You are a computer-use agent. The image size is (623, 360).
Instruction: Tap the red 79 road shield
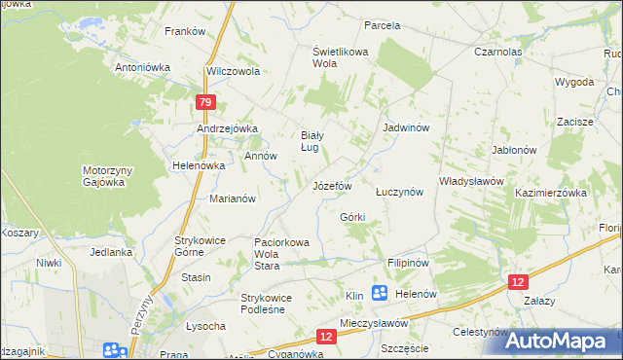pyautogui.click(x=203, y=101)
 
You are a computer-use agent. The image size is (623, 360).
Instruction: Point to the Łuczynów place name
pyautogui.click(x=399, y=192)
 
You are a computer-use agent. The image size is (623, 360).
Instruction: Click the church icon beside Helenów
pyautogui.click(x=379, y=293)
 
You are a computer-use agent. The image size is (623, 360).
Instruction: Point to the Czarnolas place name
pyautogui.click(x=498, y=52)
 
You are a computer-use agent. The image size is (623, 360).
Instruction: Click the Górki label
pyautogui.click(x=351, y=216)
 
